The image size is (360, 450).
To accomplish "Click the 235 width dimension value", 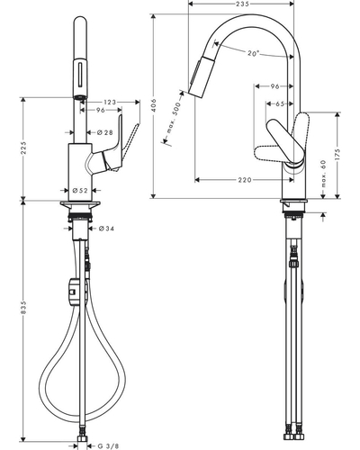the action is coord(242,4).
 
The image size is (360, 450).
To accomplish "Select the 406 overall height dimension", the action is coord(154,105).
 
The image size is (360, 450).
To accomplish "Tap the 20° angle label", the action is coord(253,53).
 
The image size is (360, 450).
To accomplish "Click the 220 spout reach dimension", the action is coord(245,180).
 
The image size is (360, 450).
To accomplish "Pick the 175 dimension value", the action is coord(337,155).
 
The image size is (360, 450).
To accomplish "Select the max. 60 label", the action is coord(323,174).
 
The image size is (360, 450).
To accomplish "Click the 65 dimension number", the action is coord(280,103).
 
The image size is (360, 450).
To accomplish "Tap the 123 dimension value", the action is coord(110,103).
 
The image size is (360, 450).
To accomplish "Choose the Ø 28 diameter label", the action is coord(104,132).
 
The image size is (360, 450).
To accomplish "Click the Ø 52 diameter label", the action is coord(80,190).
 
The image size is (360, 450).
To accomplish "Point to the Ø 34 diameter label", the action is coord(106,229).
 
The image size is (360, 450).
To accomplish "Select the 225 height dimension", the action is coord(23,148).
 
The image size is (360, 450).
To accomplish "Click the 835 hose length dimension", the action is coord(23,308).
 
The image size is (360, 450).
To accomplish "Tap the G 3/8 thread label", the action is coord(108,446).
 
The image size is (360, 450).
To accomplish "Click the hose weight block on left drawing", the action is coord(74,292).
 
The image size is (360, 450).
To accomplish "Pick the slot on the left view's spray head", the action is coord(80,74).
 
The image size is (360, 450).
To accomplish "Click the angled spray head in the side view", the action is coord(200,76).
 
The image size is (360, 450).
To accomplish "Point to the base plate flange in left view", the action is coord(80,206).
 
